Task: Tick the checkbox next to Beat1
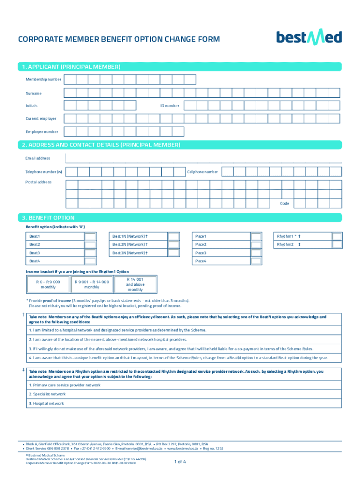coord(90,237)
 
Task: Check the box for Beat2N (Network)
coord(173,245)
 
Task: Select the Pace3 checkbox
coord(256,253)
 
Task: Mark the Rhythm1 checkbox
coord(337,237)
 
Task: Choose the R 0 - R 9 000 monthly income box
coord(48,284)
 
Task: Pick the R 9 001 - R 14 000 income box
coord(92,284)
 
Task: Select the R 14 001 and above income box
coord(135,284)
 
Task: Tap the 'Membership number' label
coord(43,80)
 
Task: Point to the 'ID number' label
coord(170,106)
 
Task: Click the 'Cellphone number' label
coord(202,172)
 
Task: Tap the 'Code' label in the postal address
coord(284,203)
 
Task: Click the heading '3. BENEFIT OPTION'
coord(48,218)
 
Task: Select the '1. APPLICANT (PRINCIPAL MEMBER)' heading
coord(71,67)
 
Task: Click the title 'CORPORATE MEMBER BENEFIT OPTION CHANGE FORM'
coord(119,39)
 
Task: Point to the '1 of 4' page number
coord(180,462)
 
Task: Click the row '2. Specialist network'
coord(47,394)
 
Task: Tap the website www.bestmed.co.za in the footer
coord(185,448)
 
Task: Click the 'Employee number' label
coord(42,132)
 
